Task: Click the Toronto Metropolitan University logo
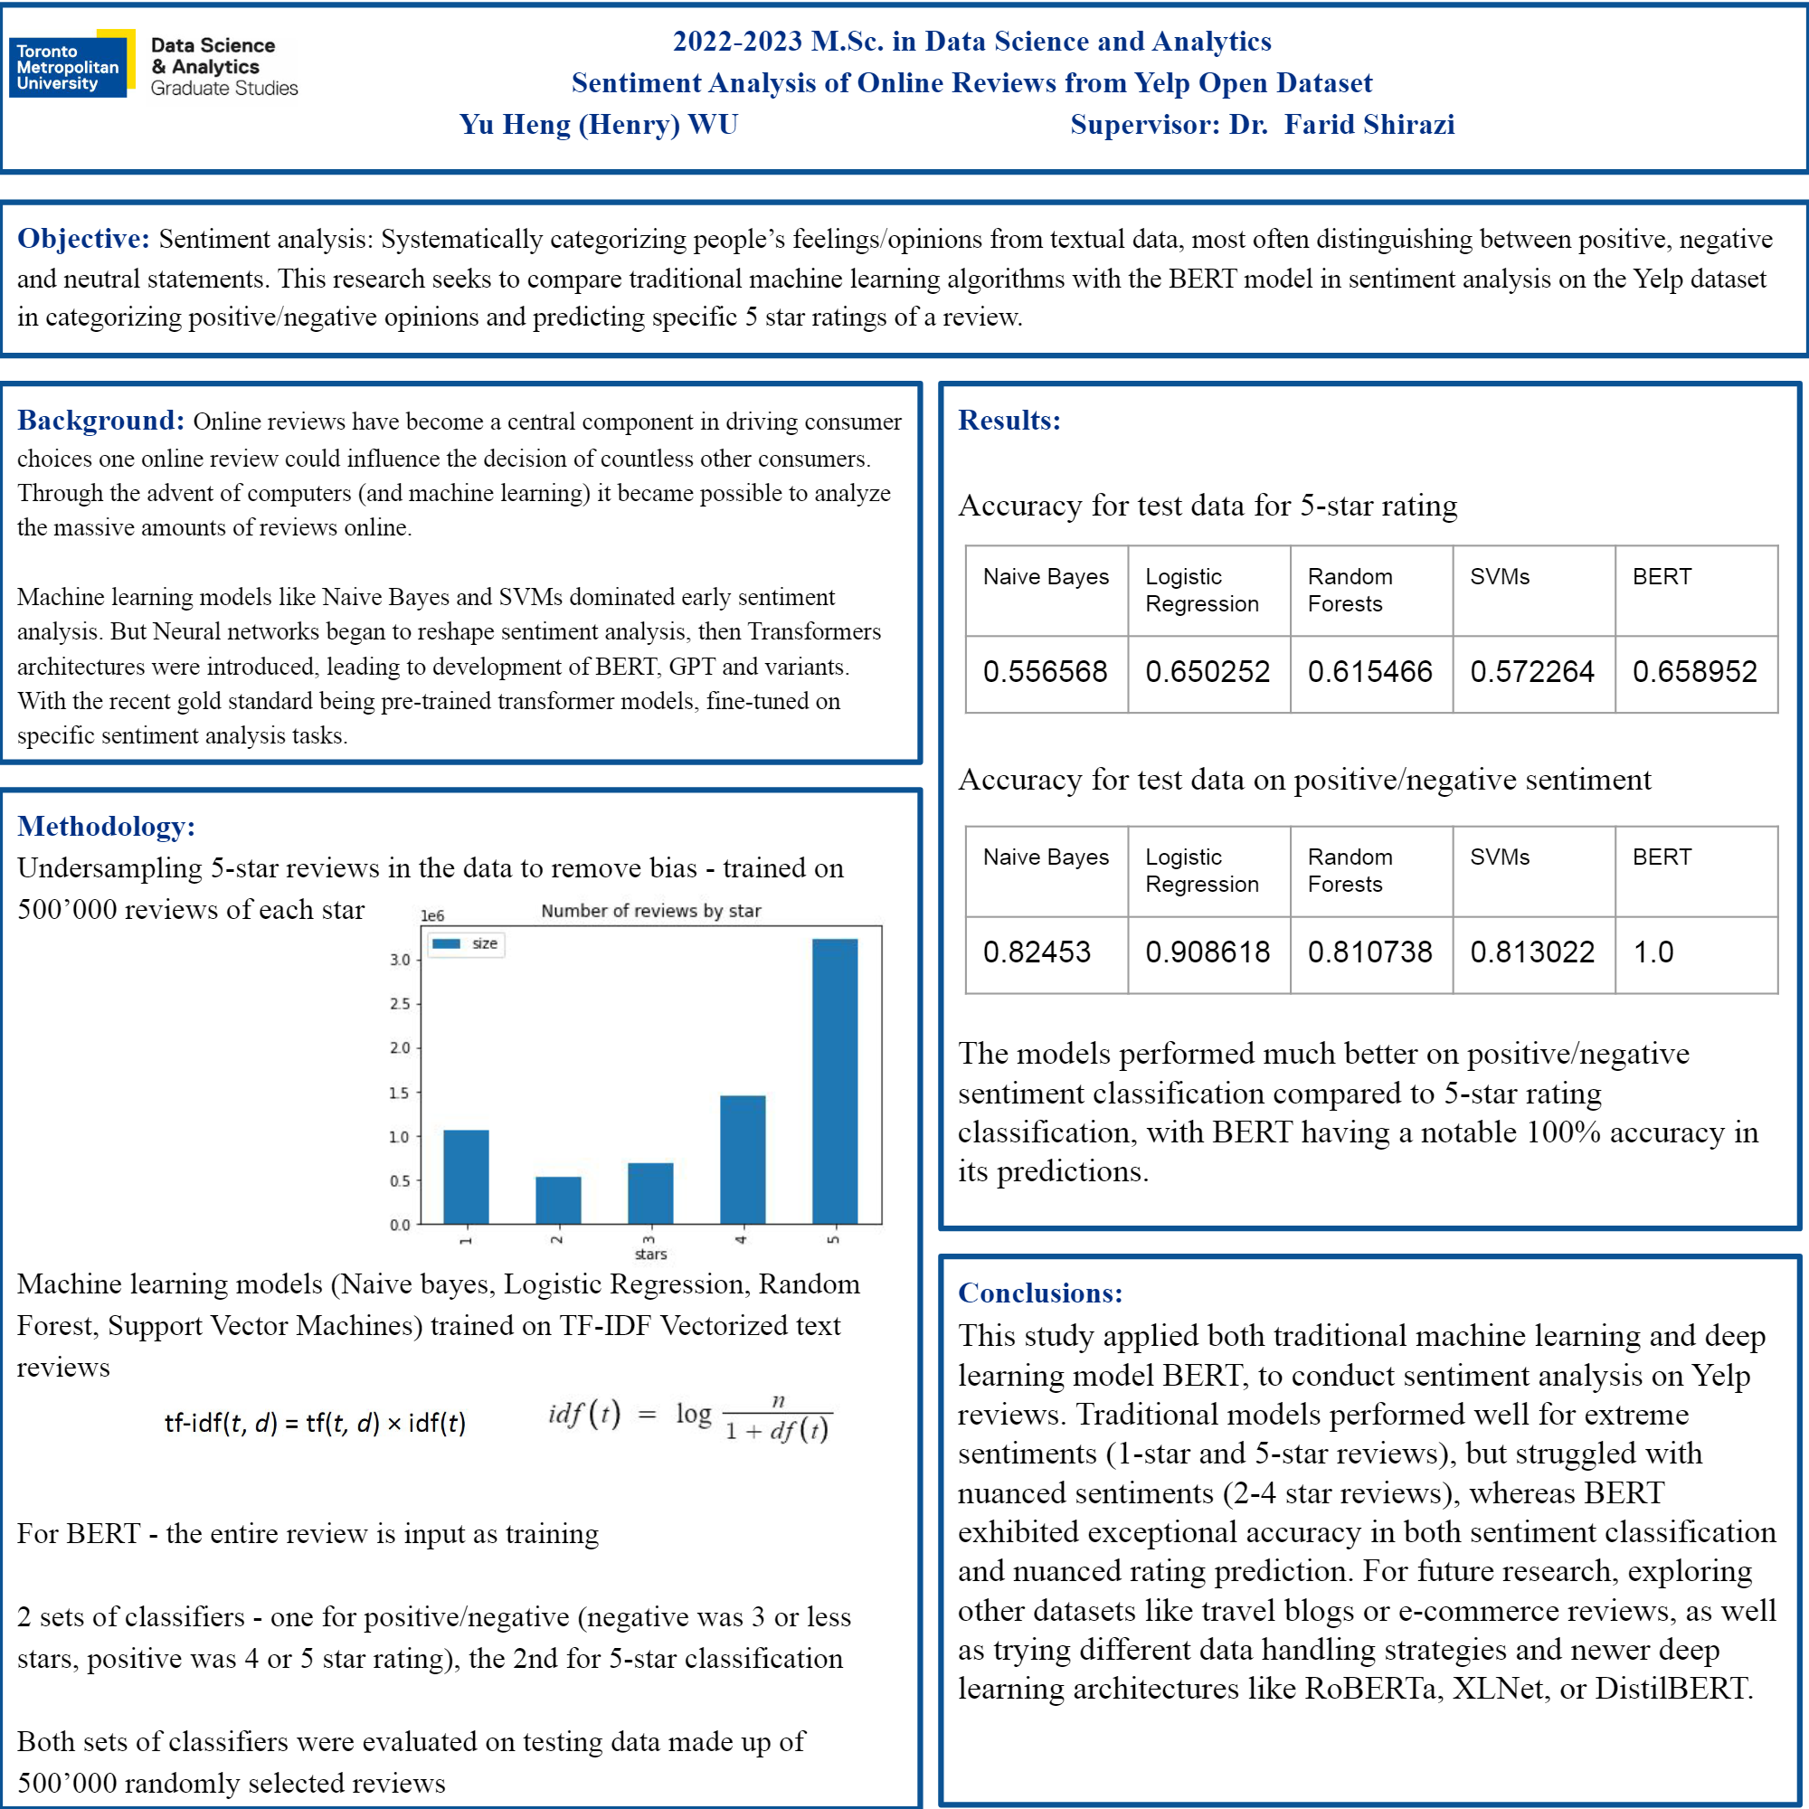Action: tap(71, 64)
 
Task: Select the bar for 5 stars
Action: tap(834, 1081)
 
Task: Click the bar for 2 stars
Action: tap(558, 1199)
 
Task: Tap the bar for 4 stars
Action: tap(743, 1160)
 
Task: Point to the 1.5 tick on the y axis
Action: tap(400, 1093)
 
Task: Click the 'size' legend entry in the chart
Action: tap(467, 943)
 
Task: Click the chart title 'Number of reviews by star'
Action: tap(650, 911)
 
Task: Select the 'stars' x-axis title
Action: tap(650, 1255)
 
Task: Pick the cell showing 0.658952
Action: tap(1695, 672)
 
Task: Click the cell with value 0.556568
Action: tap(1045, 672)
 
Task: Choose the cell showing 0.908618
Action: tap(1208, 952)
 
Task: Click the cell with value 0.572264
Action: tap(1532, 672)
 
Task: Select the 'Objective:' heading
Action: tap(83, 239)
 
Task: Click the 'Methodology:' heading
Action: tap(106, 826)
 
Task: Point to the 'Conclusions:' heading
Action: tap(1040, 1293)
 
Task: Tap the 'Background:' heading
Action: tap(101, 421)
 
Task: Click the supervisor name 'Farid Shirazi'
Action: tap(1369, 125)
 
